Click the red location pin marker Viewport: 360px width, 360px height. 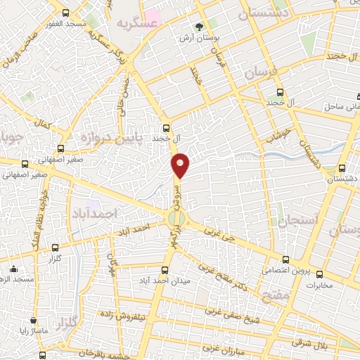(181, 165)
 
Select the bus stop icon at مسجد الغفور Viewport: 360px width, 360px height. (65, 13)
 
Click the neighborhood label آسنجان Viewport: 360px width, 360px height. (298, 221)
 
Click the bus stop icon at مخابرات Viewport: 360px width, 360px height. (320, 274)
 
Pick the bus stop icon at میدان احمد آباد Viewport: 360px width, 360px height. (166, 270)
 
